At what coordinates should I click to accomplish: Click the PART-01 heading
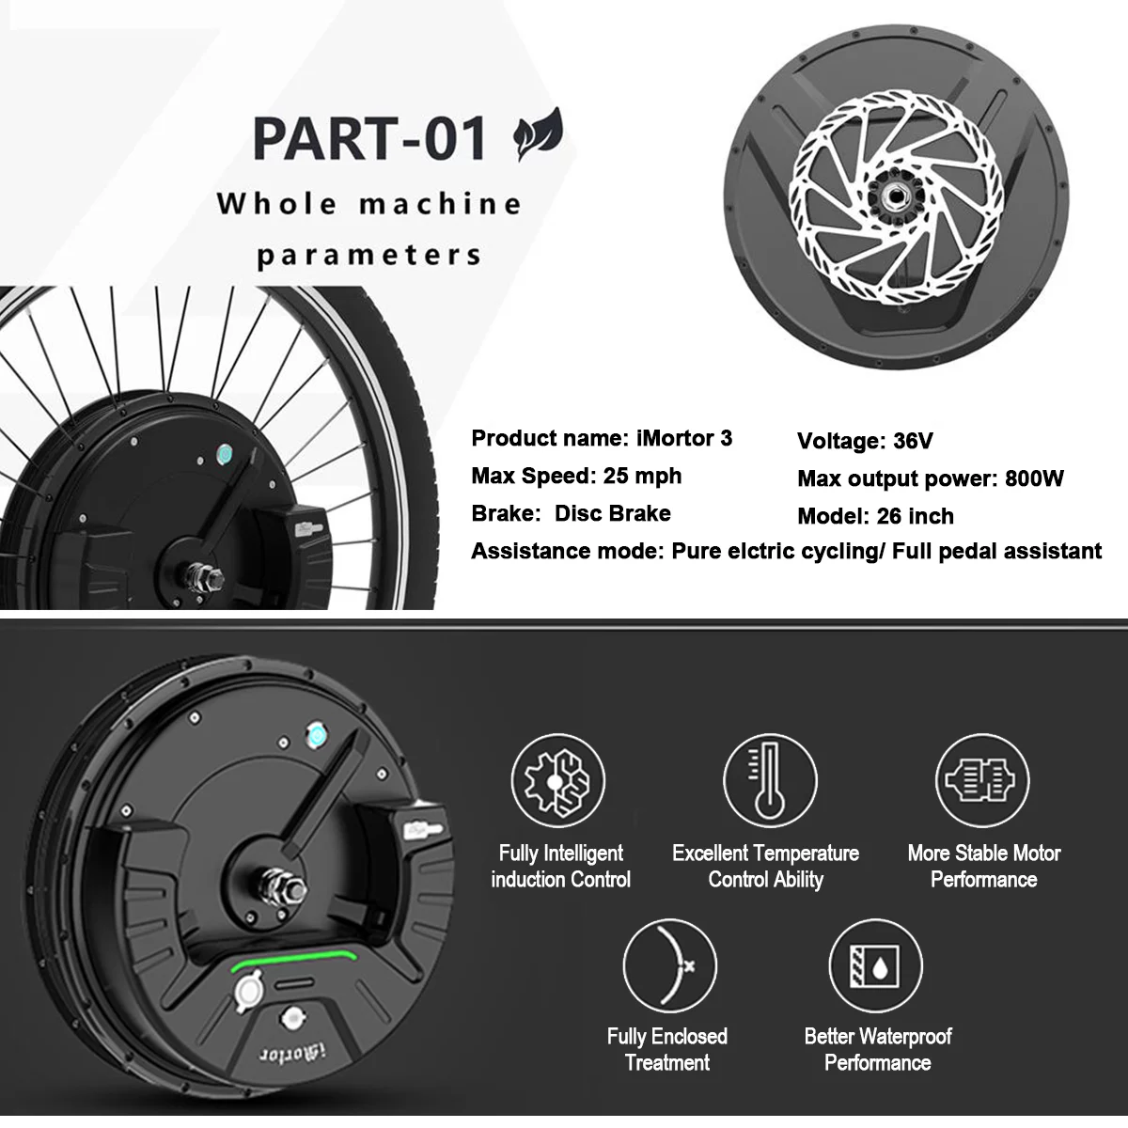369,139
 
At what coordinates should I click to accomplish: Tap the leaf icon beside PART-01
538,134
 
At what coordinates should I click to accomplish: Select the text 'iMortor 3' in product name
683,438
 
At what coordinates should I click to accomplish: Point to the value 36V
913,441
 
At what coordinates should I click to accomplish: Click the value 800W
1034,478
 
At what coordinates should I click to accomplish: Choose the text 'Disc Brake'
612,513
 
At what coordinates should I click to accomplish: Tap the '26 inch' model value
915,516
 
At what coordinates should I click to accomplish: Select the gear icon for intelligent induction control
557,780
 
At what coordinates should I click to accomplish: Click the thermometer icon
769,780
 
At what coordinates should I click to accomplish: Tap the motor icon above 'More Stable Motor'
982,780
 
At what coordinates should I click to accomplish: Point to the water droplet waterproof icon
875,965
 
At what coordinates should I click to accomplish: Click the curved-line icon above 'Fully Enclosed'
669,965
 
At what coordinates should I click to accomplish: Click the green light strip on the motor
294,958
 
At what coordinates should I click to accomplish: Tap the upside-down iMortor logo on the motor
291,1055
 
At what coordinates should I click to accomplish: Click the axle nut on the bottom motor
284,885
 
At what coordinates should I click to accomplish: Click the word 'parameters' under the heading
368,256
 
